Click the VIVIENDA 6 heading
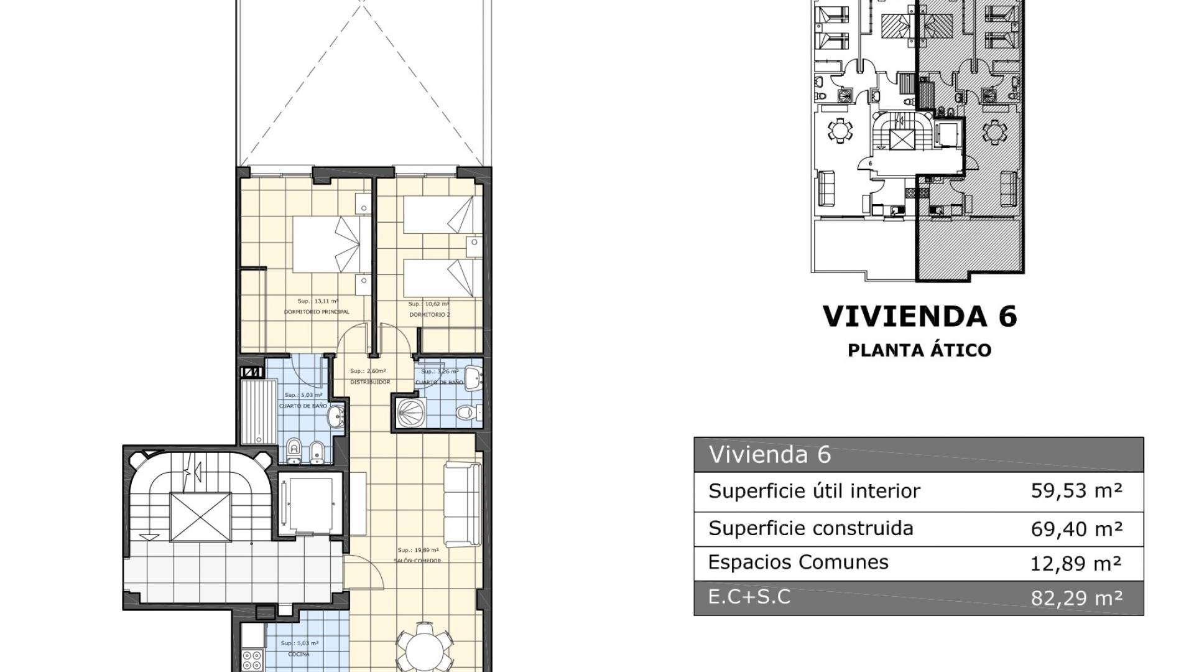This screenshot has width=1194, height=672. coord(920,316)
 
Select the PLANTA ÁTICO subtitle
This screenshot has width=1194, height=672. coord(920,350)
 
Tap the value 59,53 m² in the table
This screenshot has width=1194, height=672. coord(1076,491)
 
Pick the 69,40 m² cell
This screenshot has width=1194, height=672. coord(1076,529)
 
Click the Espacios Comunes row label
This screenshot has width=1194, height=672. coord(798,562)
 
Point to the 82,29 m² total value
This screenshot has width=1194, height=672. coord(1076,599)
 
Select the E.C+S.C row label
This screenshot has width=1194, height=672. coord(749,597)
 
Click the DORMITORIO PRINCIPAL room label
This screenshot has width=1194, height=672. coord(317,312)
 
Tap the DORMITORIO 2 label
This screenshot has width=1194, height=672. coord(430,315)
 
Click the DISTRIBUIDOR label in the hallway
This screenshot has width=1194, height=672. coord(369,382)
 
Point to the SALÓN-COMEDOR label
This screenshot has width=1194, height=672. coord(417,561)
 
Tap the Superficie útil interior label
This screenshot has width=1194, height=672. coord(814,491)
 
